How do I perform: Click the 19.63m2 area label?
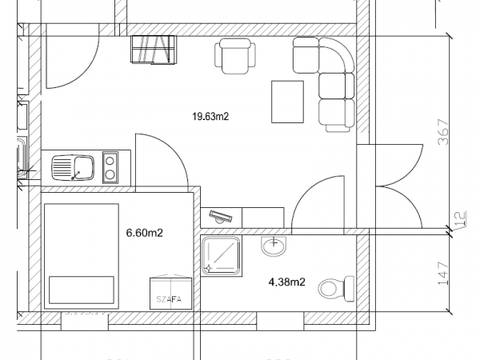coord(210,117)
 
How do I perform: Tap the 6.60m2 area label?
coord(145,234)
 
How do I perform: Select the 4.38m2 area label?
coord(286,282)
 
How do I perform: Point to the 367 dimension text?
coord(443,132)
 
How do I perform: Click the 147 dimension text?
coord(443,274)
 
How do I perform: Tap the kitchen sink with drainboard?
coord(73,169)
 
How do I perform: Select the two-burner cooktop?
coord(112,169)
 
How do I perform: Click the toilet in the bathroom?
coord(336,286)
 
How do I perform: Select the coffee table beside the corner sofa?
coord(288,102)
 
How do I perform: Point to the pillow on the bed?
coord(81,288)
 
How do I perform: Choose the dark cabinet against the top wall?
coord(152,50)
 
